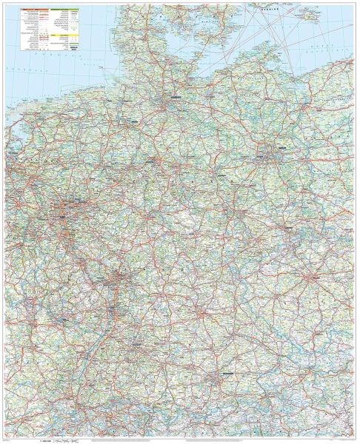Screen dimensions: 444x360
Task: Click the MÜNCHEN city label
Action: pos(219,374)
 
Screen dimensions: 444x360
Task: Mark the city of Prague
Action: pos(315,277)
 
